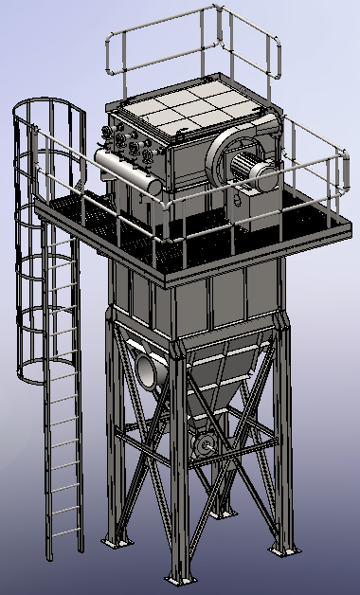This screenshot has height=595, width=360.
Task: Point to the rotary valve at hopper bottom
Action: (203, 444)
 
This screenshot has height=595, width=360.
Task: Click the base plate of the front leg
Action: (176, 577)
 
